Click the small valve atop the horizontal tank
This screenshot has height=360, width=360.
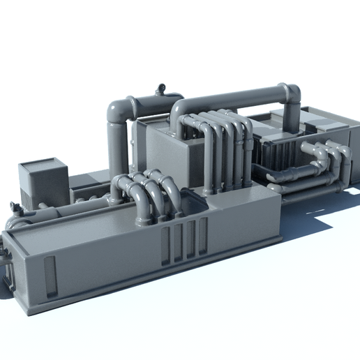click(161, 88)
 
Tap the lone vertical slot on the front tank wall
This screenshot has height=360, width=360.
click(50, 276)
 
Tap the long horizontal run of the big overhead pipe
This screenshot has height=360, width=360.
click(230, 98)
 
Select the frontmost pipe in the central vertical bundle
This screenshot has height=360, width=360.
click(209, 160)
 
